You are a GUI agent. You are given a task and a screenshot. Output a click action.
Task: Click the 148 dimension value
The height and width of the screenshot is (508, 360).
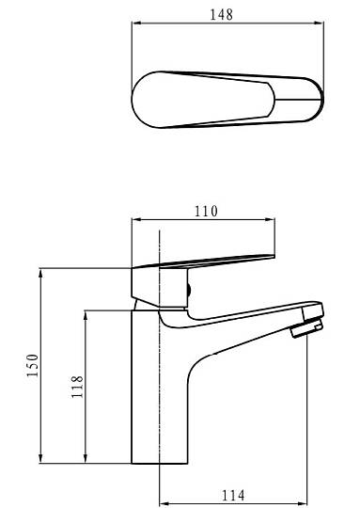222,14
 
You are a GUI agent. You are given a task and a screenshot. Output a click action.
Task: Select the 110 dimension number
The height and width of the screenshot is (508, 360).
206,212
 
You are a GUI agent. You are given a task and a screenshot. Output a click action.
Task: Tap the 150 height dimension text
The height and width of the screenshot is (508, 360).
32,365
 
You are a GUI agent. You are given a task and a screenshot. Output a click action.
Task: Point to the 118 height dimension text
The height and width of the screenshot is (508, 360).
77,387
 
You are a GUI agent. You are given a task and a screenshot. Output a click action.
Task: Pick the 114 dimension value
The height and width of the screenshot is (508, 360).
233,496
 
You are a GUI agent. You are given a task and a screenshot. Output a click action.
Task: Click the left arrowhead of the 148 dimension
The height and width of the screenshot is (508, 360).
137,23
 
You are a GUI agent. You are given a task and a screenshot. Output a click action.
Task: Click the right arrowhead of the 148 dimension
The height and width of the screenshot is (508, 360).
319,23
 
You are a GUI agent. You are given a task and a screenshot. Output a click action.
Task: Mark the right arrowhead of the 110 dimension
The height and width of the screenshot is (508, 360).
270,219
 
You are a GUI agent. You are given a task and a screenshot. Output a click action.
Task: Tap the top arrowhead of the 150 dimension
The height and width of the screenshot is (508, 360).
40,274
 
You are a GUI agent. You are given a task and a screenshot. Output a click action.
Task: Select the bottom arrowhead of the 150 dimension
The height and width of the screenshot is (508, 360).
40,458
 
